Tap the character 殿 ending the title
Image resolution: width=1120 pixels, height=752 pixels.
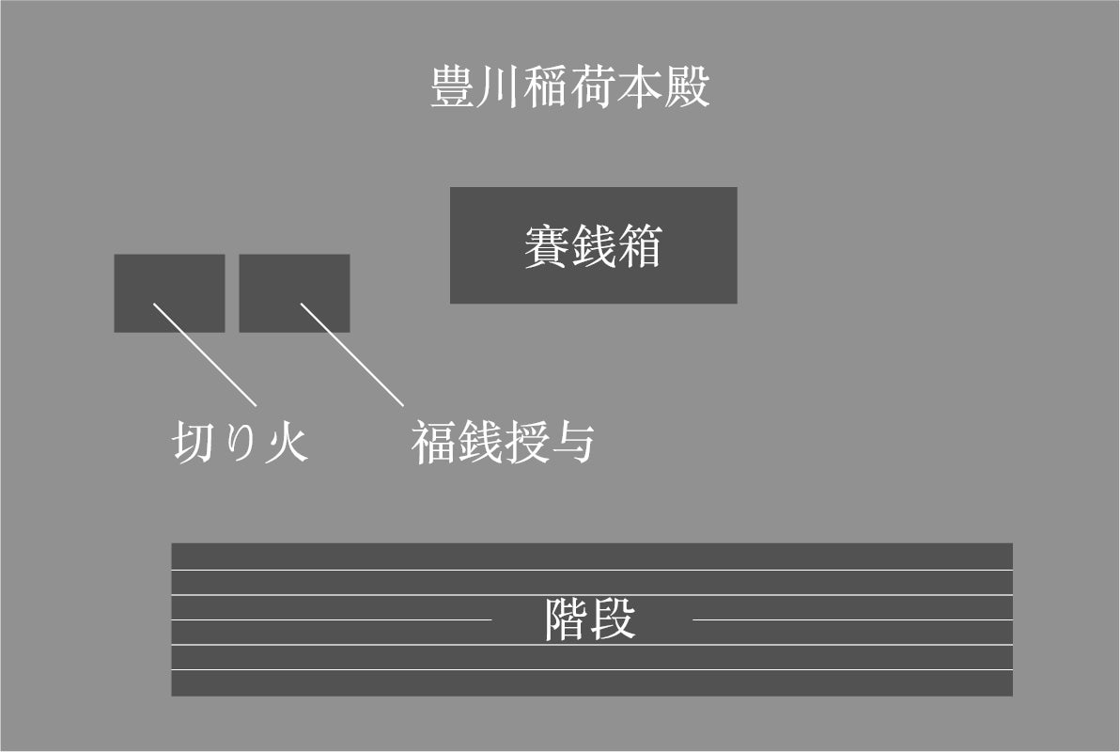tap(687, 87)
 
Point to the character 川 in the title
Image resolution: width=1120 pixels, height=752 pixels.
tap(499, 87)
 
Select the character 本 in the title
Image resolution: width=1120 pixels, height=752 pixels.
tap(640, 87)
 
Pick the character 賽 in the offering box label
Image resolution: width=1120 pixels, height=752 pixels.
tap(546, 247)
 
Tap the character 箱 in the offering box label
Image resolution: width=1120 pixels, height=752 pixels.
tap(640, 247)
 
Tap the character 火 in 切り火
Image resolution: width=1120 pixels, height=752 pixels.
tap(287, 442)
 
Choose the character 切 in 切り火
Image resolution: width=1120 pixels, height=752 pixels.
tap(195, 442)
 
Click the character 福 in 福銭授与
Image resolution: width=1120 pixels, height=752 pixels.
tap(433, 442)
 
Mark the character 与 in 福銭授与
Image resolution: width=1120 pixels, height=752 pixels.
tap(571, 442)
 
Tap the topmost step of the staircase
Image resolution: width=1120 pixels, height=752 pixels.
tap(592, 556)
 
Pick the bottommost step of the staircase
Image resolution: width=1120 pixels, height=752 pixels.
tap(592, 683)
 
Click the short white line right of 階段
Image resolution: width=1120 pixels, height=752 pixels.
tap(850, 619)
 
